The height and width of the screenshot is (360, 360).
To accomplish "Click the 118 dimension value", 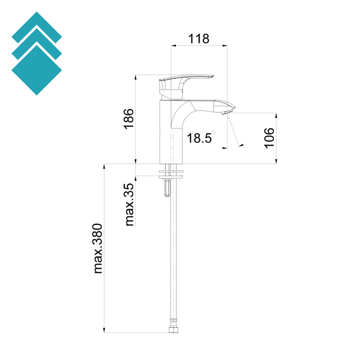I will pyautogui.click(x=199, y=38).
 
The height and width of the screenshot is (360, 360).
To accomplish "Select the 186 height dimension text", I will pyautogui.click(x=129, y=119).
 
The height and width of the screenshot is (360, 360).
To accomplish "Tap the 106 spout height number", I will pyautogui.click(x=269, y=138).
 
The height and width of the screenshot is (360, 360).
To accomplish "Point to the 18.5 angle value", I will pyautogui.click(x=199, y=138).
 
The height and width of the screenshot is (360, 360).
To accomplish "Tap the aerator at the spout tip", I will pyautogui.click(x=225, y=113).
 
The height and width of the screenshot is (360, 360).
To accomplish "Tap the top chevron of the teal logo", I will pyautogui.click(x=37, y=26).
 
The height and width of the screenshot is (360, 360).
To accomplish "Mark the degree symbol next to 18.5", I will pyautogui.click(x=214, y=133).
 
